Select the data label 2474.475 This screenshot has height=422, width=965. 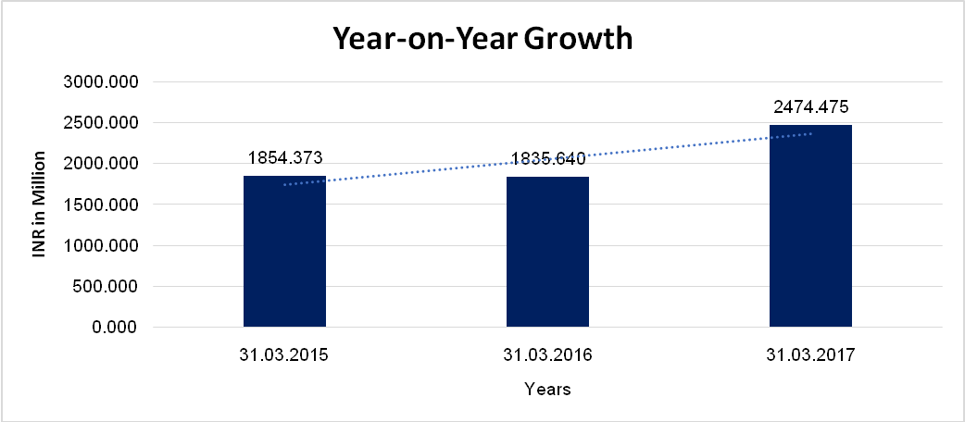[x=810, y=105]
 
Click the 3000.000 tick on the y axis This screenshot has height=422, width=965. [x=101, y=81]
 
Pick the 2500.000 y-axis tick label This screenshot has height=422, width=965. [x=101, y=123]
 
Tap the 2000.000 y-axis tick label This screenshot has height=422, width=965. [x=101, y=164]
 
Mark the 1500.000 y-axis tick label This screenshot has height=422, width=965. [x=101, y=205]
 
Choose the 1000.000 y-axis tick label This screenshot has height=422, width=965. [x=101, y=246]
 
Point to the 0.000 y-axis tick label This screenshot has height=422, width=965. [x=115, y=328]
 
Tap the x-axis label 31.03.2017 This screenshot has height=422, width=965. [x=810, y=355]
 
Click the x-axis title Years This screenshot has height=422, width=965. [x=546, y=390]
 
